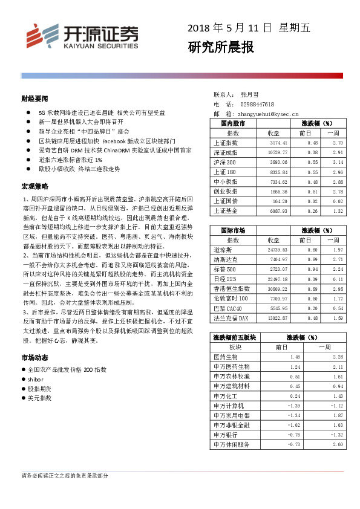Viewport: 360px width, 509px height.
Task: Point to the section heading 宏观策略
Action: [x=34, y=187]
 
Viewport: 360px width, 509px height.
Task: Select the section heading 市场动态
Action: [x=34, y=357]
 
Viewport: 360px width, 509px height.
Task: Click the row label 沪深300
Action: [x=224, y=162]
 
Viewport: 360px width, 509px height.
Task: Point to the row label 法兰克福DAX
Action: [x=231, y=317]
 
